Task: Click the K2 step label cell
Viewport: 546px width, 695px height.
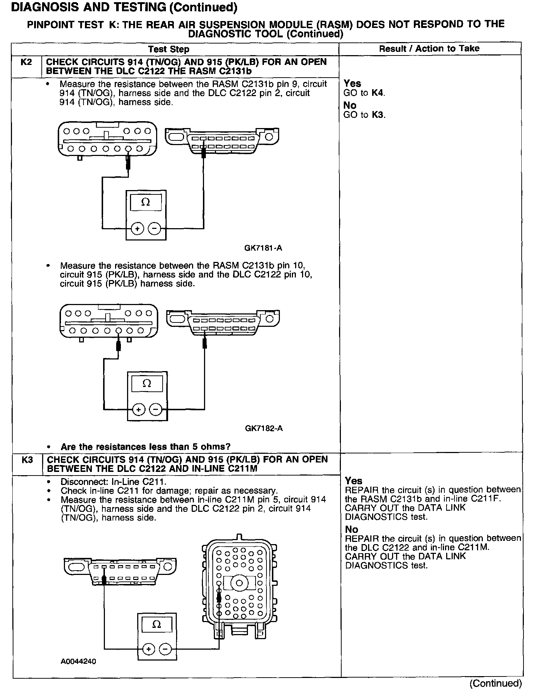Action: click(x=27, y=62)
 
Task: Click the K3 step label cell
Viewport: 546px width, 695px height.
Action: click(x=27, y=460)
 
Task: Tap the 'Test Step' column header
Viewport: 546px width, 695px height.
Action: click(x=168, y=49)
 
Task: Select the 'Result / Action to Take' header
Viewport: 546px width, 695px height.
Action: click(x=429, y=49)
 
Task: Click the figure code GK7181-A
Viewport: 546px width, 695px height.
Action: click(x=263, y=248)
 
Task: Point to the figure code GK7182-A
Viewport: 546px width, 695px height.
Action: click(x=264, y=428)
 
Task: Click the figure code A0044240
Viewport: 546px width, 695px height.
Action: click(x=78, y=661)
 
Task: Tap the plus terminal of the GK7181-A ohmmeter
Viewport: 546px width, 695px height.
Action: click(x=137, y=229)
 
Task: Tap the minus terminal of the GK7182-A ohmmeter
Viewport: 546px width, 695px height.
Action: click(x=156, y=410)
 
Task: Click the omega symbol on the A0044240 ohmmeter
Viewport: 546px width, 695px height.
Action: click(x=156, y=624)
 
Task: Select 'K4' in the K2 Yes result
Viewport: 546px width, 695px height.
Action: click(x=377, y=93)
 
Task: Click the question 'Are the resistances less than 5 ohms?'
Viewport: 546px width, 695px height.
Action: click(x=145, y=447)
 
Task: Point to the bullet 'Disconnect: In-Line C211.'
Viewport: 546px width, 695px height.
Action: click(x=113, y=482)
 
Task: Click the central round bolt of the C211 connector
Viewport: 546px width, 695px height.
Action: click(x=239, y=583)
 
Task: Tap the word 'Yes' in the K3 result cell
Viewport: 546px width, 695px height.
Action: click(x=354, y=481)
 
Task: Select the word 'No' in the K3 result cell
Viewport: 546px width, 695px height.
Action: click(x=351, y=529)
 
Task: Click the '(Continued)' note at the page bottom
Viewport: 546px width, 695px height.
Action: click(x=495, y=683)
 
